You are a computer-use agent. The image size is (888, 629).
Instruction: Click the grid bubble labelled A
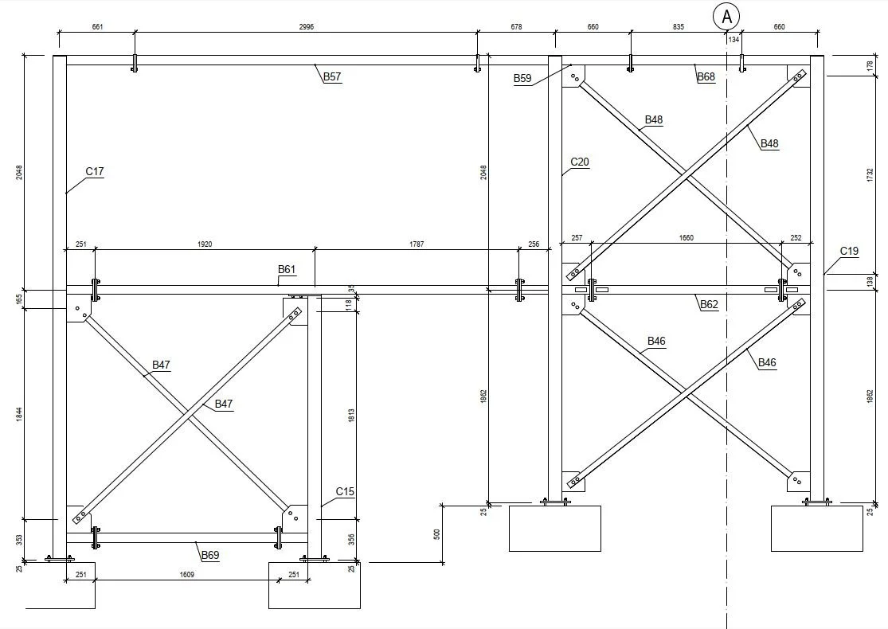(726, 16)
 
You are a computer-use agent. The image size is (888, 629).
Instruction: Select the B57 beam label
(332, 77)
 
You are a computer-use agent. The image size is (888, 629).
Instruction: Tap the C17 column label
(95, 171)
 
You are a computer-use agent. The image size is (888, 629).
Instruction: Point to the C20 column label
(580, 162)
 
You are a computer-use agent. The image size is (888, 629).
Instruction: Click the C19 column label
(849, 252)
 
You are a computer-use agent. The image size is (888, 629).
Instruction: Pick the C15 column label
(345, 491)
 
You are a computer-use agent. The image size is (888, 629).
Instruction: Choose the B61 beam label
(287, 270)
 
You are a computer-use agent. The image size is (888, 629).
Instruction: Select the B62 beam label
(709, 304)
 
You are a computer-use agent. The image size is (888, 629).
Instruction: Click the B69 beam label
(210, 554)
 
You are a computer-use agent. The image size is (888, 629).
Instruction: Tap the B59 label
(522, 78)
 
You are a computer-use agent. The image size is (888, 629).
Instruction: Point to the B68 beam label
(706, 77)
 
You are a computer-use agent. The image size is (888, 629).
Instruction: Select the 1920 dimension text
(205, 244)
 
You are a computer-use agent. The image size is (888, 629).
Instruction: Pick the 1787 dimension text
(417, 244)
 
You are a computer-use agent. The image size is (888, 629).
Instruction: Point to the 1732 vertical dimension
(870, 177)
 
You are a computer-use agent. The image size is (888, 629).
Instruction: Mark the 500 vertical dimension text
(436, 533)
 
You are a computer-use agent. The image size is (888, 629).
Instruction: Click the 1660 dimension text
(687, 237)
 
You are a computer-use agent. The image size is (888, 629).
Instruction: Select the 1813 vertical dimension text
(350, 416)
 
